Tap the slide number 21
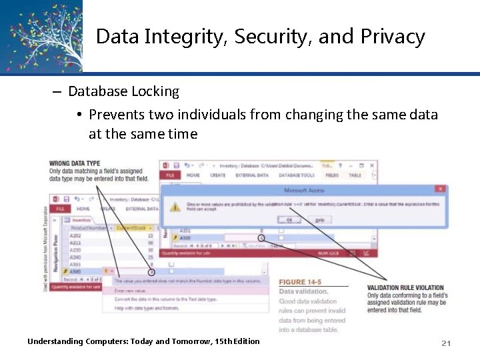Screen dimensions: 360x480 pos(446,343)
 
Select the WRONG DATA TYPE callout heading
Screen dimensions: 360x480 pos(75,163)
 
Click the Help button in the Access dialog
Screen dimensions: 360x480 pos(319,219)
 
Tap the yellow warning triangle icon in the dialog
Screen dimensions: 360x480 pos(175,206)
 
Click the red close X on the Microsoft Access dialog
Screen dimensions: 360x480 pos(439,190)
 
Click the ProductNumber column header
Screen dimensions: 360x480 pos(89,228)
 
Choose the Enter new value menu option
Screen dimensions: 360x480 pos(130,291)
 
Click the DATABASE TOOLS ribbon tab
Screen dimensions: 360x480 pos(297,175)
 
